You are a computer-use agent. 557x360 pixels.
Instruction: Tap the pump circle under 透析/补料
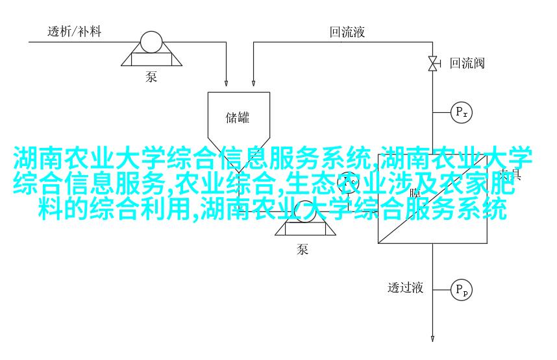pyautogui.click(x=151, y=43)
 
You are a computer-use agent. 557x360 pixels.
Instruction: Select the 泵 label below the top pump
pyautogui.click(x=151, y=77)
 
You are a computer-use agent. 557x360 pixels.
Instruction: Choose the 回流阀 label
pyautogui.click(x=467, y=63)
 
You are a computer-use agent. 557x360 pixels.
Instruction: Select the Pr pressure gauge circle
pyautogui.click(x=462, y=112)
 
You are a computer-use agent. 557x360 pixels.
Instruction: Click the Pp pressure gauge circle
pyautogui.click(x=462, y=289)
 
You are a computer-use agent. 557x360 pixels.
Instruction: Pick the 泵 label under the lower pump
pyautogui.click(x=303, y=248)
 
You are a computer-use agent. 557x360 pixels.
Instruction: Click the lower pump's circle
pyautogui.click(x=303, y=211)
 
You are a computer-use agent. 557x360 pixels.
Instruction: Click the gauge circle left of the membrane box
pyautogui.click(x=349, y=184)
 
